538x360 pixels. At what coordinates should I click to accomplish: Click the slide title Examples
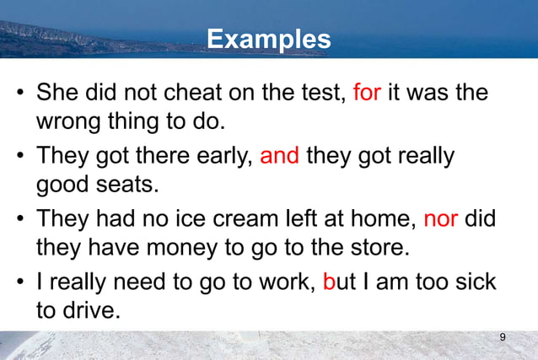(x=269, y=39)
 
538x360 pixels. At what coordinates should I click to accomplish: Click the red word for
(x=367, y=92)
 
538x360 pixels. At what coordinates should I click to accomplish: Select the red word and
(x=280, y=158)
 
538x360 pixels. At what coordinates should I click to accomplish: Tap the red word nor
(x=440, y=220)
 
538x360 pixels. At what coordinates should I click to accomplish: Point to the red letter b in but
(x=330, y=282)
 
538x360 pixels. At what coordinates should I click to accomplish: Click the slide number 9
(x=503, y=338)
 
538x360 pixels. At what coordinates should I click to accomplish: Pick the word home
(x=383, y=220)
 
